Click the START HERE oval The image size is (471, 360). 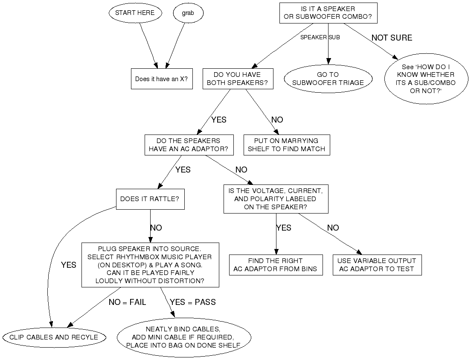click(x=135, y=13)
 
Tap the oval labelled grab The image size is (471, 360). click(x=188, y=13)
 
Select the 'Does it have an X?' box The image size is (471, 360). click(x=161, y=79)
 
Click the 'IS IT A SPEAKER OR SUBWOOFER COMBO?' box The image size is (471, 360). click(x=328, y=13)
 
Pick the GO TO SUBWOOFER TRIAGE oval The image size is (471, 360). click(x=328, y=79)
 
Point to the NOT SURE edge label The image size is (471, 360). click(x=392, y=38)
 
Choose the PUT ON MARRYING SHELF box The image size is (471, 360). click(x=286, y=145)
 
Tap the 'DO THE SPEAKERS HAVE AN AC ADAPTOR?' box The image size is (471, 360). click(x=189, y=145)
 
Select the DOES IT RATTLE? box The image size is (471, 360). click(x=150, y=199)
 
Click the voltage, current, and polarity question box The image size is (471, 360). click(x=276, y=199)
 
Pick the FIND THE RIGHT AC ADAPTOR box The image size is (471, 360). click(x=276, y=265)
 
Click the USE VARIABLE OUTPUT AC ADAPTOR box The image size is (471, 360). click(x=377, y=265)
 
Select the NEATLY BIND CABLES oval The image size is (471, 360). click(x=183, y=337)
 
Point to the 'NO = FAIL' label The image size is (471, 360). click(x=127, y=302)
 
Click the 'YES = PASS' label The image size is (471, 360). click(x=193, y=302)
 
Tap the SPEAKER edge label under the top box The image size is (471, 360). click(x=313, y=38)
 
